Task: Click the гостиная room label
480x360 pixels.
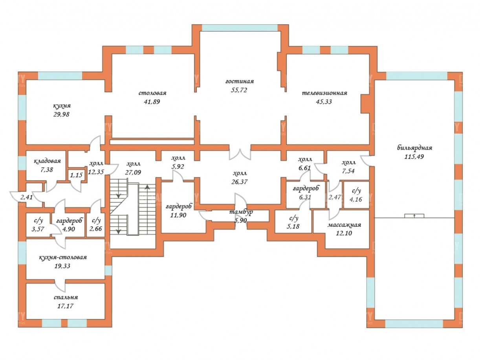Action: [240, 81]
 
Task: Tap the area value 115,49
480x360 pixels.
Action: [414, 156]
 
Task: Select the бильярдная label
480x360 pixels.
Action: [414, 148]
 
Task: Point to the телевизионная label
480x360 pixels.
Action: [324, 93]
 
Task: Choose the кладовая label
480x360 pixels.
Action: [47, 161]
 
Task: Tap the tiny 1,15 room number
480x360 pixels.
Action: [76, 175]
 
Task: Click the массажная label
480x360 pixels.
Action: [344, 225]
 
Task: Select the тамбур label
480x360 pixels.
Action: [242, 212]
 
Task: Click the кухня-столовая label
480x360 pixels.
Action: [62, 257]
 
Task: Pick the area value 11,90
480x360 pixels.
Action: [178, 215]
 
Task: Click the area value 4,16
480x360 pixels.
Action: [356, 199]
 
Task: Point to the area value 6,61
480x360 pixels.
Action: [305, 168]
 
